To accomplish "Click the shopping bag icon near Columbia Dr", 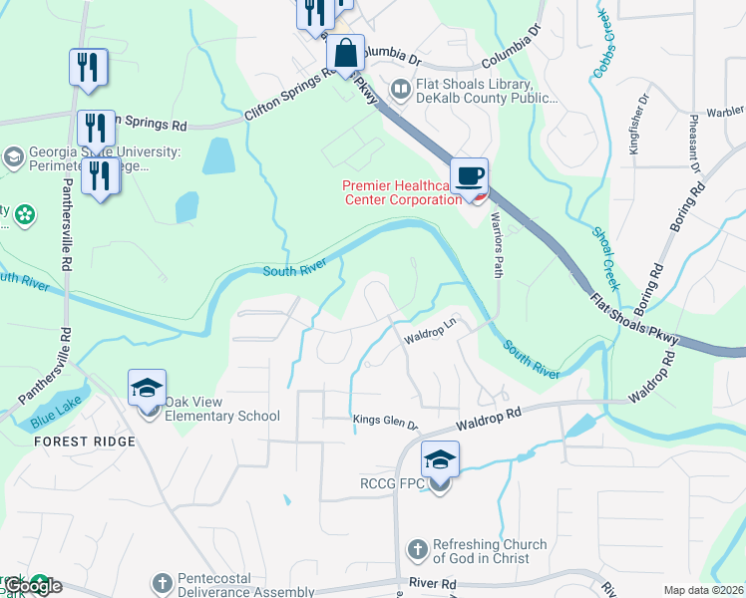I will (x=345, y=55).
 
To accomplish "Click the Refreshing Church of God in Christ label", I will (x=489, y=551).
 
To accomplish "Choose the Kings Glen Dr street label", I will (x=386, y=424).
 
